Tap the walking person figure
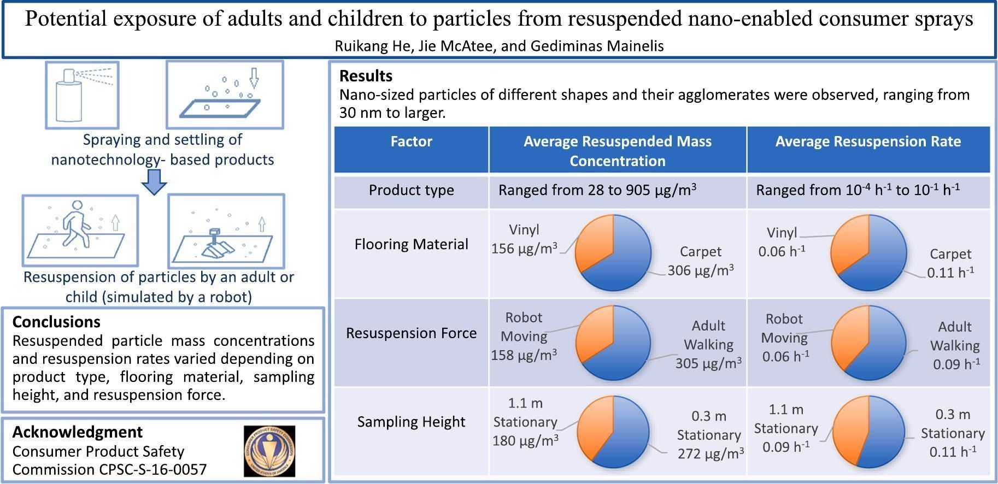(74, 224)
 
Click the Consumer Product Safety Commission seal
(269, 451)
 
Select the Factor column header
(411, 141)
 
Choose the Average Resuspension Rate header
(867, 141)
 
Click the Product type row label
(411, 190)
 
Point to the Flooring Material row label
(411, 244)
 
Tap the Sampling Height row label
(411, 422)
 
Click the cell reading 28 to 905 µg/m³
(597, 190)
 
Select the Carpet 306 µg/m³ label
(700, 261)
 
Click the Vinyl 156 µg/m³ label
(524, 239)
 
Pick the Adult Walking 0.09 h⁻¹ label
(954, 345)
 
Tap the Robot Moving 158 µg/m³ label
(524, 336)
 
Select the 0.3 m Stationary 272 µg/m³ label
(709, 435)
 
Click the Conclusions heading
(56, 322)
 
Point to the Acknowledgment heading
(77, 432)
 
